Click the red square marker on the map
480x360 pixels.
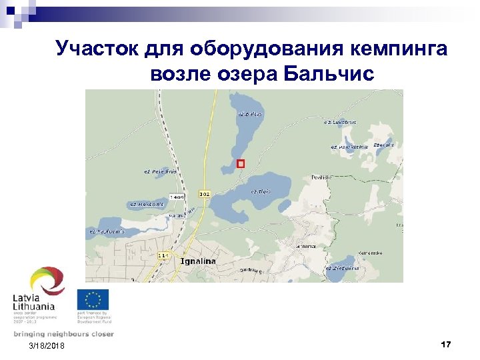pyautogui.click(x=241, y=163)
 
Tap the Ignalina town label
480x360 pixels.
pyautogui.click(x=198, y=261)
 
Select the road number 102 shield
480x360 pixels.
pyautogui.click(x=205, y=194)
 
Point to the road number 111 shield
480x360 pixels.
pyautogui.click(x=163, y=255)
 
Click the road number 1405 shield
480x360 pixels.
pyautogui.click(x=178, y=197)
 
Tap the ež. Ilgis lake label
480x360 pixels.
pyautogui.click(x=260, y=191)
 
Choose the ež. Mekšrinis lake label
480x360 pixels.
pyautogui.click(x=146, y=204)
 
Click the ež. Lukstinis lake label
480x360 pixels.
pyautogui.click(x=340, y=122)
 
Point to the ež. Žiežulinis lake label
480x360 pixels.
pyautogui.click(x=342, y=268)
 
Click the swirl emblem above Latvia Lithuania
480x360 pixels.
pyautogui.click(x=47, y=280)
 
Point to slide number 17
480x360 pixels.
pyautogui.click(x=446, y=344)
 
